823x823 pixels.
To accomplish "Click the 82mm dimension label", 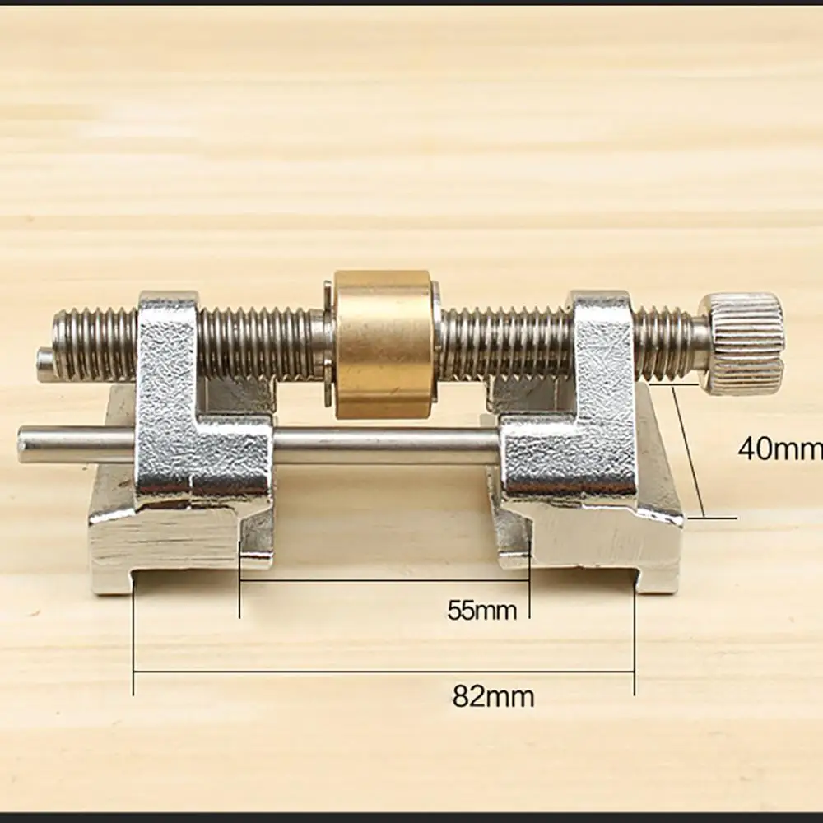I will (493, 697).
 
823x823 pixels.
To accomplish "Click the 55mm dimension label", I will (482, 611).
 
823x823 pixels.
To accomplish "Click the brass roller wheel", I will (384, 344).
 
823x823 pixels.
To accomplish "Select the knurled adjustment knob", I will (742, 342).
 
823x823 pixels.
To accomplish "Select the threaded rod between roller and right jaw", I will (502, 344).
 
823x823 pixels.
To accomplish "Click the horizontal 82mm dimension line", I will (384, 672).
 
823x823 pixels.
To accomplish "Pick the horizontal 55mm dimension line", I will (384, 581).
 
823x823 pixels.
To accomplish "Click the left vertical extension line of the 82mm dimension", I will (133, 642).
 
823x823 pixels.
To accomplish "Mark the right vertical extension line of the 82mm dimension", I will (634, 642).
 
